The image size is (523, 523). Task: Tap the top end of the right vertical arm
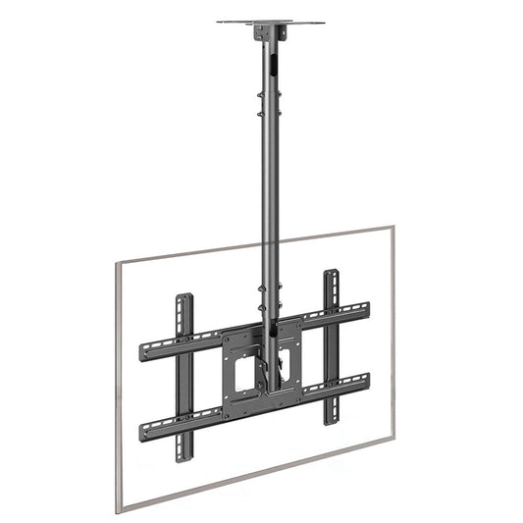tap(332, 275)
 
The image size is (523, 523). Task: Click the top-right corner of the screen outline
tap(392, 227)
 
